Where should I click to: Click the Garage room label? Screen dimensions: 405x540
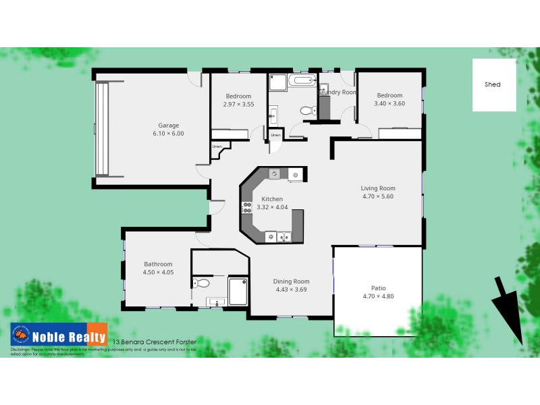pos(169,125)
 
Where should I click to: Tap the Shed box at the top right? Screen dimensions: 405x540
pos(493,85)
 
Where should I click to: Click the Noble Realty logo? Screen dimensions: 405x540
pos(58,335)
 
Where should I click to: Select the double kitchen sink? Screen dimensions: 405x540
pos(278,236)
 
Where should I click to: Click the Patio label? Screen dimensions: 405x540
pos(378,288)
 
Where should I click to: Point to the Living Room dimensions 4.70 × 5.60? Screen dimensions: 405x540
pos(378,197)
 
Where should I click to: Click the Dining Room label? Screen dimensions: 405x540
pos(291,281)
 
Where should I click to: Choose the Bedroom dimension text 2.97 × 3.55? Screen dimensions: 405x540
pos(238,105)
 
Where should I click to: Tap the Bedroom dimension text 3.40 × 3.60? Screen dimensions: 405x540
pos(389,104)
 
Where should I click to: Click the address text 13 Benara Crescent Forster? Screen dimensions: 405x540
pos(163,342)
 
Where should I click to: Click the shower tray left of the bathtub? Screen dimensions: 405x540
pos(277,83)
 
